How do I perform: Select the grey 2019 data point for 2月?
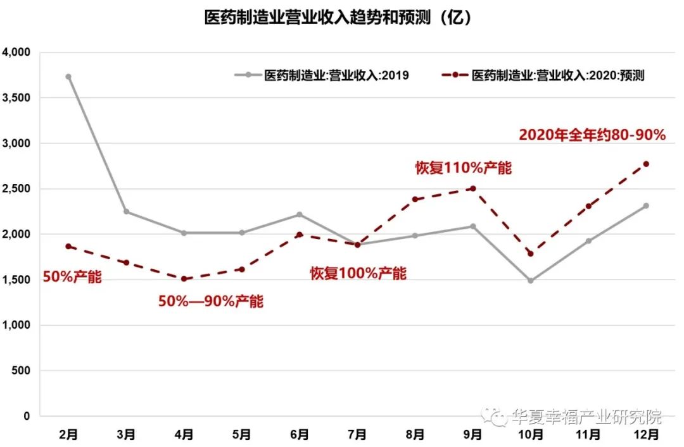point(68,77)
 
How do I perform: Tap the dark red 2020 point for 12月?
point(646,164)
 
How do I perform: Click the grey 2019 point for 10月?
point(531,280)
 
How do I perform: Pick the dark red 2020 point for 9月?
point(473,188)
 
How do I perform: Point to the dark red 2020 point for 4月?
point(184,279)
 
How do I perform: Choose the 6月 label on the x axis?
point(300,434)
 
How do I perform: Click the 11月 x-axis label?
point(588,434)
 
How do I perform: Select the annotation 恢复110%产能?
point(463,168)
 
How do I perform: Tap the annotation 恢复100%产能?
point(358,273)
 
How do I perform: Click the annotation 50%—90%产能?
point(210,301)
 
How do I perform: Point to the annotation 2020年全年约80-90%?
point(592,135)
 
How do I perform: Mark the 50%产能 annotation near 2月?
point(72,276)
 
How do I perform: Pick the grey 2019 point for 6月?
point(300,214)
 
